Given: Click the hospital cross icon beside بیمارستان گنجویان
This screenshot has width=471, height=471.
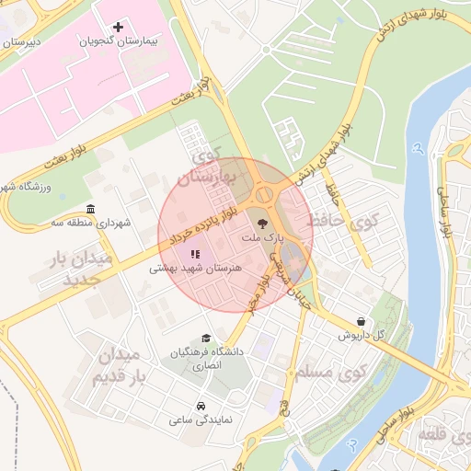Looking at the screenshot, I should coord(118,27).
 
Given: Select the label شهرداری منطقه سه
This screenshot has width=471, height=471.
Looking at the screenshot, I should coord(91,223).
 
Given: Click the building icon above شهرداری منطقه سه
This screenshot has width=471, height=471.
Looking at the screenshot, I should coord(90,209).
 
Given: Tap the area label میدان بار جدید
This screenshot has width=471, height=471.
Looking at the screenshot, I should coord(79,268).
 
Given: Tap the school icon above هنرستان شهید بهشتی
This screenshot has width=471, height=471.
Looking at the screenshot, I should coord(194,254).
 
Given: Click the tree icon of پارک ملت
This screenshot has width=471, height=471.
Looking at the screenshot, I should coord(261,224).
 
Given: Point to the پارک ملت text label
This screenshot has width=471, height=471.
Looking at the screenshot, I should coord(259,238).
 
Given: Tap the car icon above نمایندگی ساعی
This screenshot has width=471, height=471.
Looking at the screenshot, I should coord(201,406).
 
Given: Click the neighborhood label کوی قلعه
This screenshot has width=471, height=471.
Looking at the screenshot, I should coord(437,432).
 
